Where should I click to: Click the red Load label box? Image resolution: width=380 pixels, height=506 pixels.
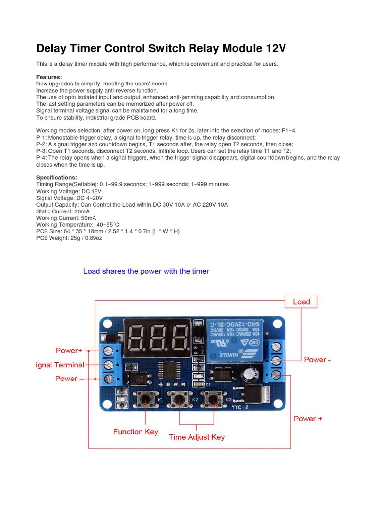click(301, 302)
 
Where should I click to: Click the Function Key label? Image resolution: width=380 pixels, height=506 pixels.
click(136, 432)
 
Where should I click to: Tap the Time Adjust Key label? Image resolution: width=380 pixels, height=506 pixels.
click(196, 437)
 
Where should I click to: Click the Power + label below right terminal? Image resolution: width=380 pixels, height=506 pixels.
click(308, 418)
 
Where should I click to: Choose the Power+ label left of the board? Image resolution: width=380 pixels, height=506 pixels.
click(69, 351)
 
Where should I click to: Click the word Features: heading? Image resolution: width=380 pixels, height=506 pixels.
click(49, 77)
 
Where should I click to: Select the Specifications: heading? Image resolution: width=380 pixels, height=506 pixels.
click(56, 177)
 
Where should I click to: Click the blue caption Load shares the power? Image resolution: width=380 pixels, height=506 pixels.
click(146, 271)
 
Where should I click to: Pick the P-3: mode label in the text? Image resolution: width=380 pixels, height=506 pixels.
click(42, 151)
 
